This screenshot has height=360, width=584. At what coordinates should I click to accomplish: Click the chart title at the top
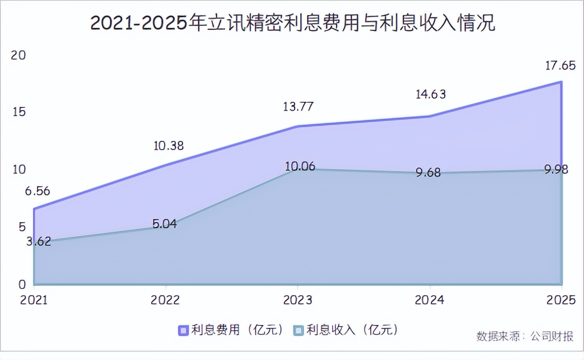[x=293, y=23]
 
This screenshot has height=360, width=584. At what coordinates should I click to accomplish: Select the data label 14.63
[x=431, y=94]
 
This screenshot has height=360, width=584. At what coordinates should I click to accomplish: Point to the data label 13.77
[x=298, y=107]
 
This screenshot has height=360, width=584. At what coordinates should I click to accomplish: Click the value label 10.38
[x=168, y=146]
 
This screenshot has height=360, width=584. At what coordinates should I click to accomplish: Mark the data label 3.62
[x=39, y=241]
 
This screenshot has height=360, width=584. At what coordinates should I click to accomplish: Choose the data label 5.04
[x=164, y=224]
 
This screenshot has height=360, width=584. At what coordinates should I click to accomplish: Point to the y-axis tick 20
[x=19, y=55]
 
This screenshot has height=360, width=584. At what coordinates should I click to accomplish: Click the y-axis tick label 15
[x=19, y=112]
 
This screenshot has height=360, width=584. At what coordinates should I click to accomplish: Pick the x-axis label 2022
[x=165, y=300]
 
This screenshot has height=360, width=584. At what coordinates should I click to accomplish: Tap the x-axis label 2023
[x=298, y=300]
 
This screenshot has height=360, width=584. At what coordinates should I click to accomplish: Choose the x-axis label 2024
[x=430, y=300]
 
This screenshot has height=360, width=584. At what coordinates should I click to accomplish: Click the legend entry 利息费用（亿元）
[x=232, y=330]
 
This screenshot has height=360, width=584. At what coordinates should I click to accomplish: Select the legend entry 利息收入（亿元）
[x=346, y=330]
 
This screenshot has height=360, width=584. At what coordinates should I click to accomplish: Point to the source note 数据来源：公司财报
[x=524, y=336]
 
